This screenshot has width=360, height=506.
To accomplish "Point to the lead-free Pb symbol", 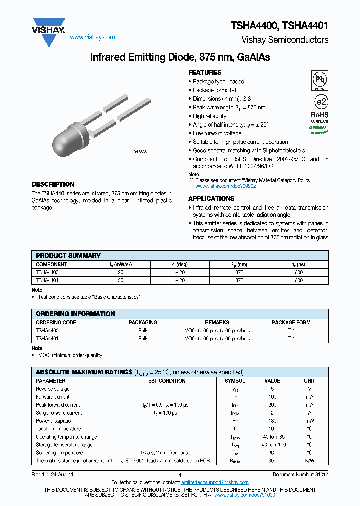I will point(320,80).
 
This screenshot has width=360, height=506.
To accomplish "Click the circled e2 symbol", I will point(320,102).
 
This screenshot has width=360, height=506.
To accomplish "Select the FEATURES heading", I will point(205,72).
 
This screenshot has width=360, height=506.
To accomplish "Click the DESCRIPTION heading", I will point(53,184).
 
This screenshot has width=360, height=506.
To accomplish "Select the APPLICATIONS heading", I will point(211,198).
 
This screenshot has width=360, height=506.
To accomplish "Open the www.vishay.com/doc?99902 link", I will point(225,186).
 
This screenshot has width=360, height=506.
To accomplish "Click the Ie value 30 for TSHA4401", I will point(120,281).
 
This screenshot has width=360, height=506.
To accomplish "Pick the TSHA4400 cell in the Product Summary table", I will point(47,273).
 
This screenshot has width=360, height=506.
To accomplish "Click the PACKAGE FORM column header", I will point(291,323).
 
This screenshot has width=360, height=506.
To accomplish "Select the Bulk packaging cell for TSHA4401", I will point(143,338).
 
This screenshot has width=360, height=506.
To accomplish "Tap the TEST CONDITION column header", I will point(165,381).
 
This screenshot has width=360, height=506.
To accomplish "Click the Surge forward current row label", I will point(59,413).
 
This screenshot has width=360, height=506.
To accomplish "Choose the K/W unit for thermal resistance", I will point(309,461).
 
